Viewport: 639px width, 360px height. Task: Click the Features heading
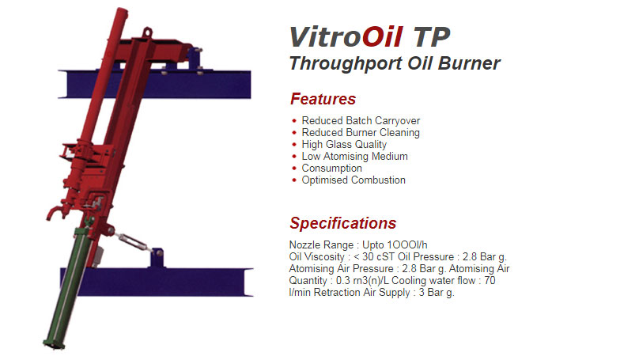[323, 100]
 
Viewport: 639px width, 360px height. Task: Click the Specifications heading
[342, 223]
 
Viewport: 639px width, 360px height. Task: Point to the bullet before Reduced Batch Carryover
[294, 121]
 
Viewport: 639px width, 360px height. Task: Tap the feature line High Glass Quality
[344, 145]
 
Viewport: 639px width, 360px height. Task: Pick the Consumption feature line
[331, 169]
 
